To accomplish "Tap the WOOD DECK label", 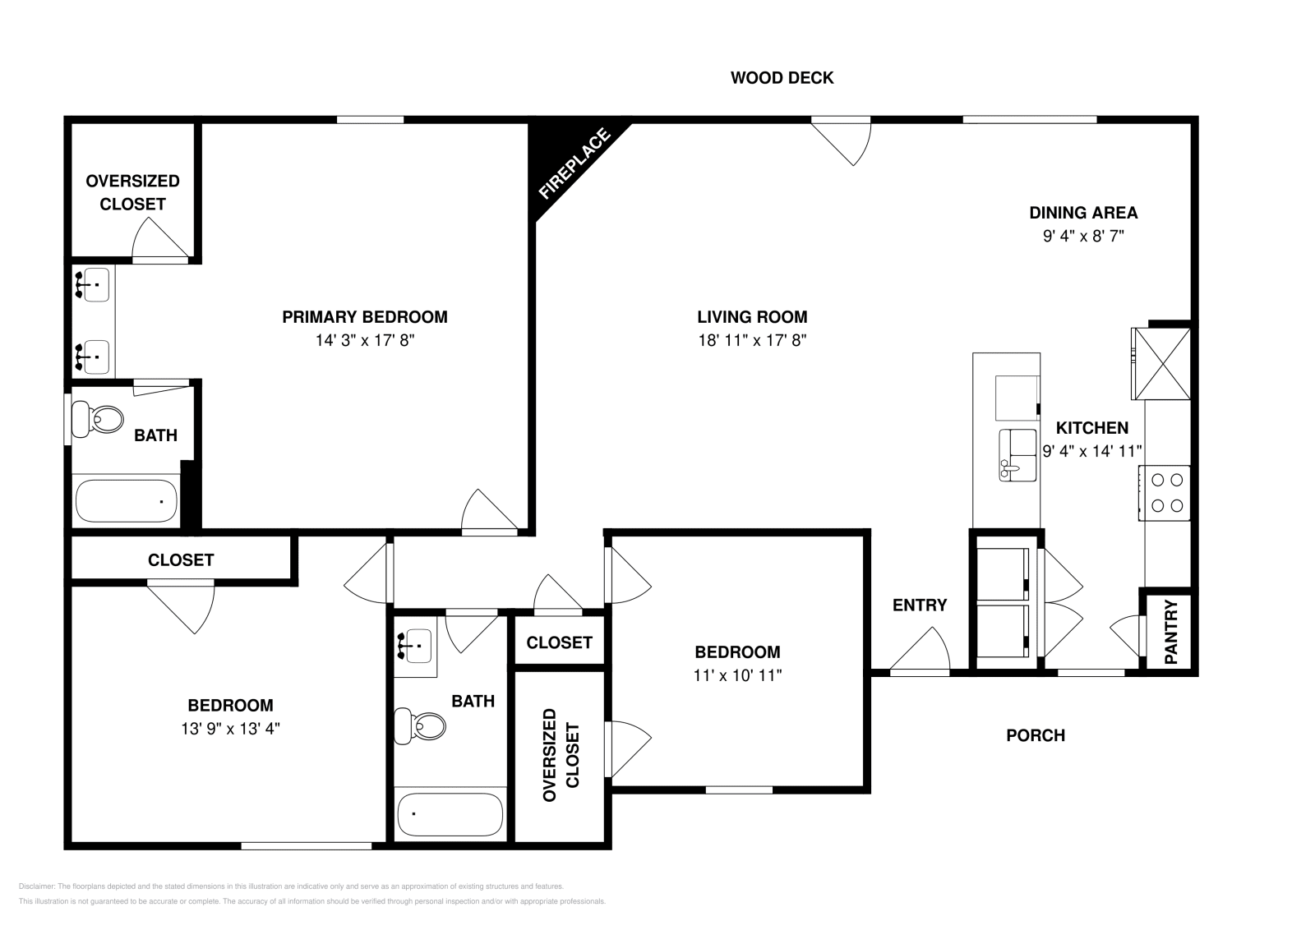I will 782,78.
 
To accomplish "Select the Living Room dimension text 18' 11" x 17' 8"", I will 752,341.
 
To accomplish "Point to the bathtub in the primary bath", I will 126,501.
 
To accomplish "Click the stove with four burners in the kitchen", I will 1165,492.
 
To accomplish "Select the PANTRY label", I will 1171,632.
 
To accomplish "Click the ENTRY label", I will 920,605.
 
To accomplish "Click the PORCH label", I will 1036,735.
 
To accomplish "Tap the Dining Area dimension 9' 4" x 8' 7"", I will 1083,237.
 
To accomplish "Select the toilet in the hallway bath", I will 420,725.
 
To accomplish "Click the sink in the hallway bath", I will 415,646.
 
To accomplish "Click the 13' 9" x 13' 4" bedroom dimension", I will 231,728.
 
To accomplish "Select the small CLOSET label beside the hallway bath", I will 559,642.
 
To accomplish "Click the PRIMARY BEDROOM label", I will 365,317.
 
